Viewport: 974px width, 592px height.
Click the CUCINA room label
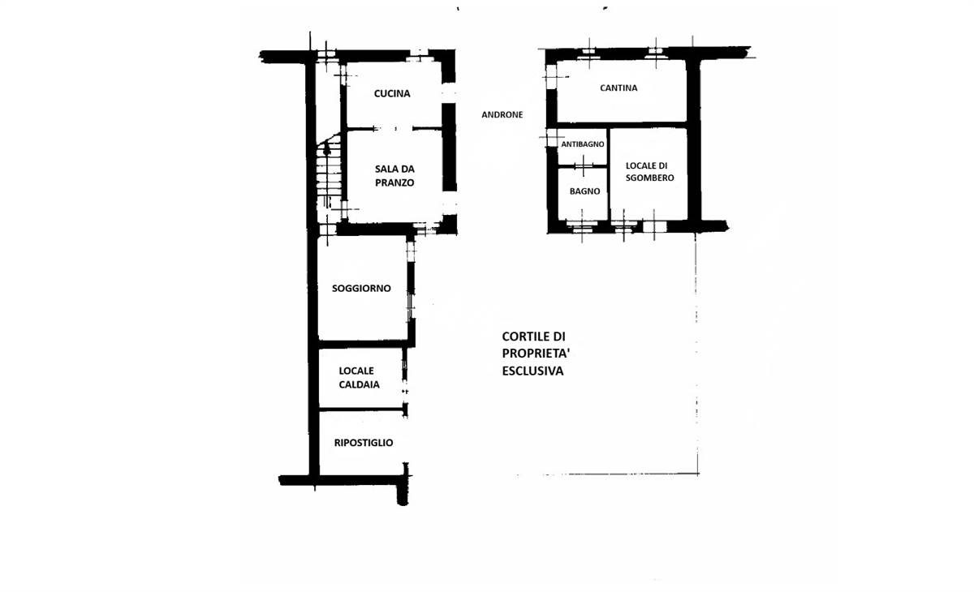[x=392, y=93]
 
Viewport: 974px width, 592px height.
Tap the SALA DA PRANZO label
[x=394, y=175]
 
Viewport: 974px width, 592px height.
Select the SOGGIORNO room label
[x=361, y=289]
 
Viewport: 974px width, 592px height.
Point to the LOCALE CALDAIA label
[x=359, y=377]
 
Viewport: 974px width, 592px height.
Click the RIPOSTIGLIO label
[x=364, y=443]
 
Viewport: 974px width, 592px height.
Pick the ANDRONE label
[x=502, y=114]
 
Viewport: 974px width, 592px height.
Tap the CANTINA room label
[x=618, y=88]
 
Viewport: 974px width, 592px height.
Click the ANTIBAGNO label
[x=582, y=144]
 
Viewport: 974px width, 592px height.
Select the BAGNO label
[x=585, y=191]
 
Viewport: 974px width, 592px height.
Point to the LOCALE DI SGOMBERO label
[x=649, y=172]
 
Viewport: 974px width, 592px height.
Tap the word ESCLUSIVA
[x=532, y=371]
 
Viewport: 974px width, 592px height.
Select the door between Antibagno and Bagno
[x=583, y=166]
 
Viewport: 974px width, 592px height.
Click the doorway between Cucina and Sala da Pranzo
[x=394, y=129]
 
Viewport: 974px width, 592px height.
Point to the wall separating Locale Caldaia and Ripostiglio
[x=362, y=410]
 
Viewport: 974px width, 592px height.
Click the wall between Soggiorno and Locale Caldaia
[x=364, y=345]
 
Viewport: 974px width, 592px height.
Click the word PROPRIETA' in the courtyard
[x=536, y=354]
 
